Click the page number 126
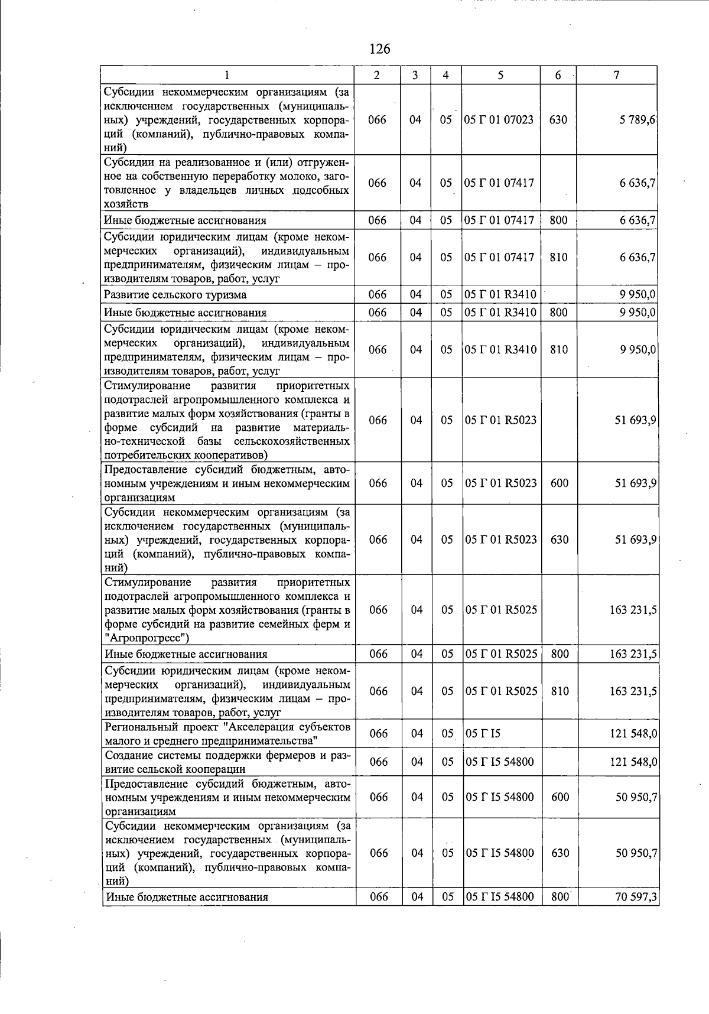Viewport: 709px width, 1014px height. (379, 49)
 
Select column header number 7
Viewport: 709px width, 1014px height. (616, 75)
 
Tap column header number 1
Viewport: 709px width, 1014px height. (227, 75)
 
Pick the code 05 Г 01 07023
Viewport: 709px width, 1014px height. (499, 119)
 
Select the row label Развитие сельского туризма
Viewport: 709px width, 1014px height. (175, 294)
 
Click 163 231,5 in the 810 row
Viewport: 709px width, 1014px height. (633, 691)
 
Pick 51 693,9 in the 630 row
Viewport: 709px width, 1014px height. (636, 539)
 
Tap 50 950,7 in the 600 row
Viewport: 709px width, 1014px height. (636, 797)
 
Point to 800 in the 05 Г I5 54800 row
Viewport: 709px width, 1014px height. (559, 896)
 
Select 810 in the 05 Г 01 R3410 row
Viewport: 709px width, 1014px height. (558, 349)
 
